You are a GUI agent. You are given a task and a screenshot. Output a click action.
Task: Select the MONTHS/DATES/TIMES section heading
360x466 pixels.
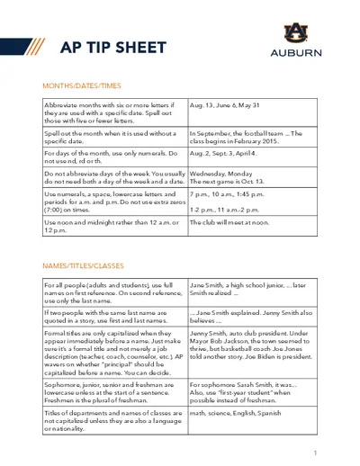(x=82, y=85)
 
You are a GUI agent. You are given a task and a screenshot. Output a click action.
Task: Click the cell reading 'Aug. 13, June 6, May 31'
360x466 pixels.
(x=226, y=104)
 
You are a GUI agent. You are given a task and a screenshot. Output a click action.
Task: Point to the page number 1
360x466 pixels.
(x=315, y=452)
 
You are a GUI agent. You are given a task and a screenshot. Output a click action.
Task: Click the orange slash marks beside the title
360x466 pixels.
(x=38, y=47)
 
